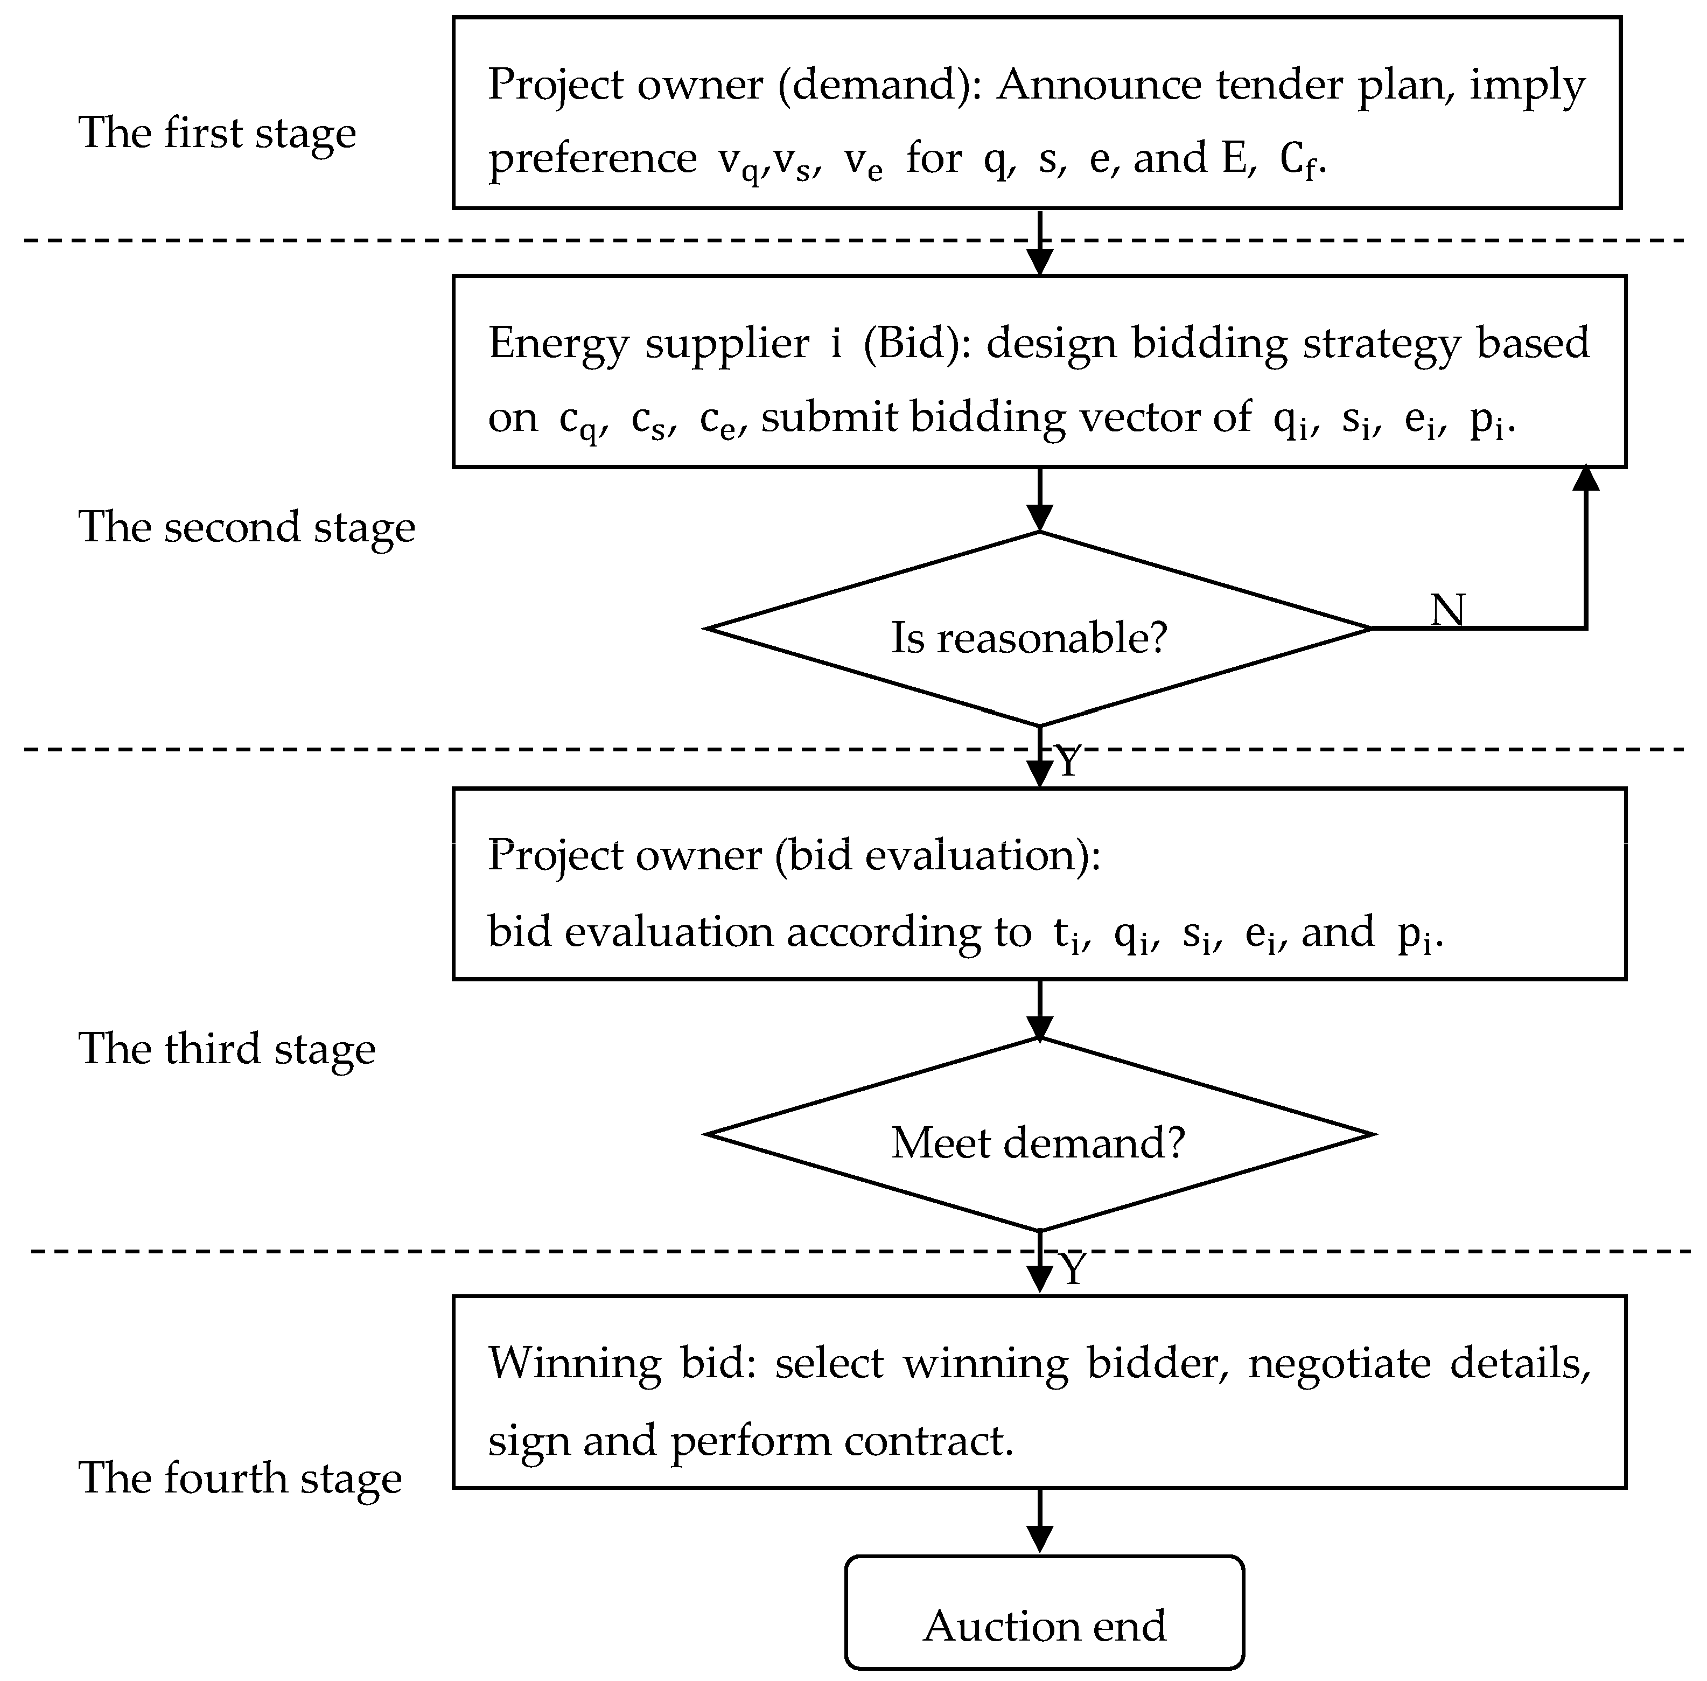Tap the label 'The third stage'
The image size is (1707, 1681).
click(227, 1049)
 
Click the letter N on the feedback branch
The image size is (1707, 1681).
click(1447, 609)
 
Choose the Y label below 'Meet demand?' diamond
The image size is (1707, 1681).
click(1072, 1270)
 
